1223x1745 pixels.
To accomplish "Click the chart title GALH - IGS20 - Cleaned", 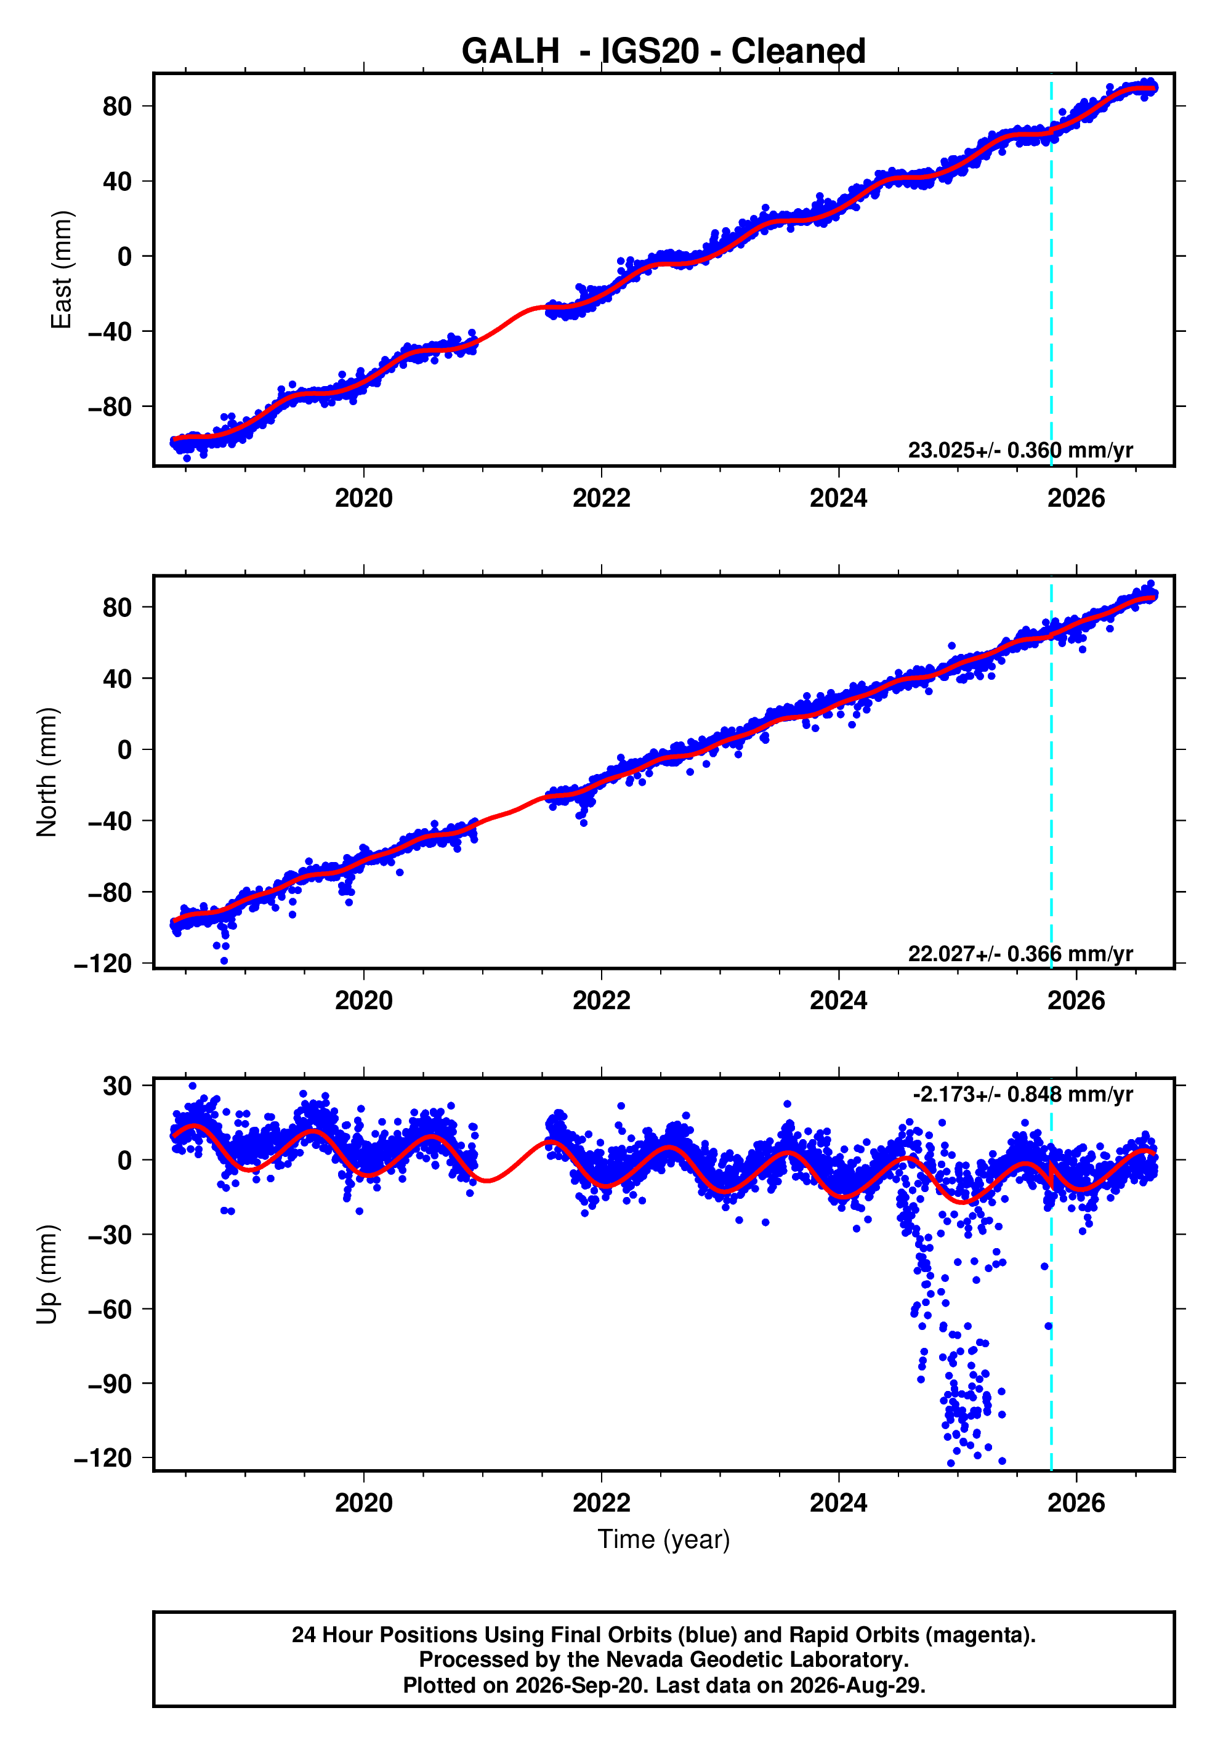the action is (x=664, y=51).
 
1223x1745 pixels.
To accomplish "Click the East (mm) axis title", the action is (x=62, y=270).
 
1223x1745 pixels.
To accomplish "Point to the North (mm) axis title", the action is (x=47, y=772).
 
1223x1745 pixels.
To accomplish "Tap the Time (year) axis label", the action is (x=664, y=1540).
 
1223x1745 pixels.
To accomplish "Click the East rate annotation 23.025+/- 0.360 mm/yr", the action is (x=1020, y=450).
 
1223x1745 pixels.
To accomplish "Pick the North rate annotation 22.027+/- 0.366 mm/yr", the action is (x=1020, y=953).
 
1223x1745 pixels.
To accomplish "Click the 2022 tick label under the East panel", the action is (x=601, y=499).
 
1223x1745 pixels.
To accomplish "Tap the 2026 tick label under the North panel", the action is (x=1076, y=1001).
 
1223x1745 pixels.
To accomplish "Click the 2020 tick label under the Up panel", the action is (x=364, y=1503).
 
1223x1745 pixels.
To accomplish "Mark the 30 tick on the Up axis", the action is (x=118, y=1086).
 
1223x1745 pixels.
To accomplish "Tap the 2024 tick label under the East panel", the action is (x=838, y=499).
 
